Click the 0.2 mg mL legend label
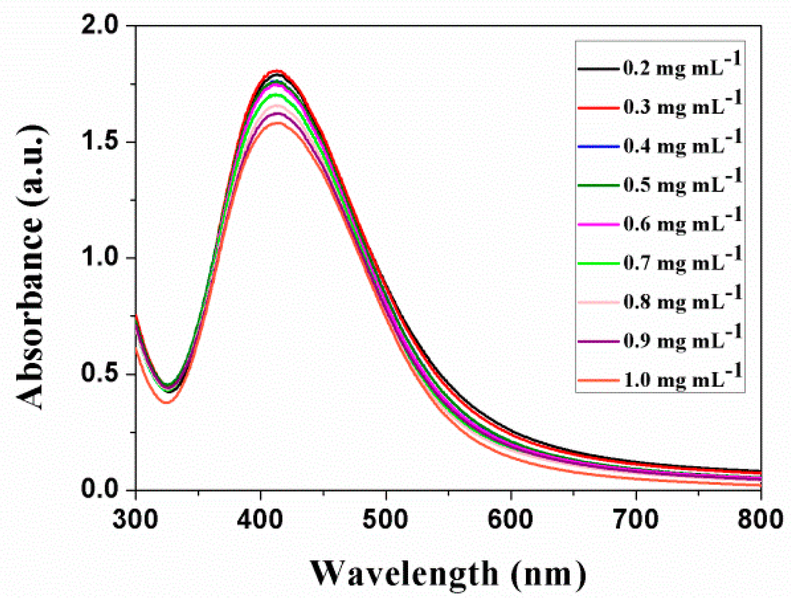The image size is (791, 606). click(x=681, y=68)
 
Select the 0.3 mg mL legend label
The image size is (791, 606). click(x=681, y=107)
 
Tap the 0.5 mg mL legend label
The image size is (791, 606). click(x=681, y=185)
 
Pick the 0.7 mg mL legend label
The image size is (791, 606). click(x=681, y=263)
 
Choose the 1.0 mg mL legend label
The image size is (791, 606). click(x=681, y=380)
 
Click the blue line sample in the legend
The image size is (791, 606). click(x=598, y=147)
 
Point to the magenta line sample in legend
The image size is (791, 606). click(x=598, y=224)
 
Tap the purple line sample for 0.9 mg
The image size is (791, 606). click(x=598, y=341)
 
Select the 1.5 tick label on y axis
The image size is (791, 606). click(x=99, y=142)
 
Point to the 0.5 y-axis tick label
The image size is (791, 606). click(x=99, y=374)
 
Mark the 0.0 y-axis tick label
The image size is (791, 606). click(x=99, y=489)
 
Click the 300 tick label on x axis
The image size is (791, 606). click(x=136, y=519)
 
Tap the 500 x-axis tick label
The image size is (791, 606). click(x=386, y=519)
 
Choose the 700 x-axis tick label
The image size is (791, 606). click(x=636, y=519)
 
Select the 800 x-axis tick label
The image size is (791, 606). click(x=759, y=519)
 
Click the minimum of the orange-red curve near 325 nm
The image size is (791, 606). click(x=166, y=402)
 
